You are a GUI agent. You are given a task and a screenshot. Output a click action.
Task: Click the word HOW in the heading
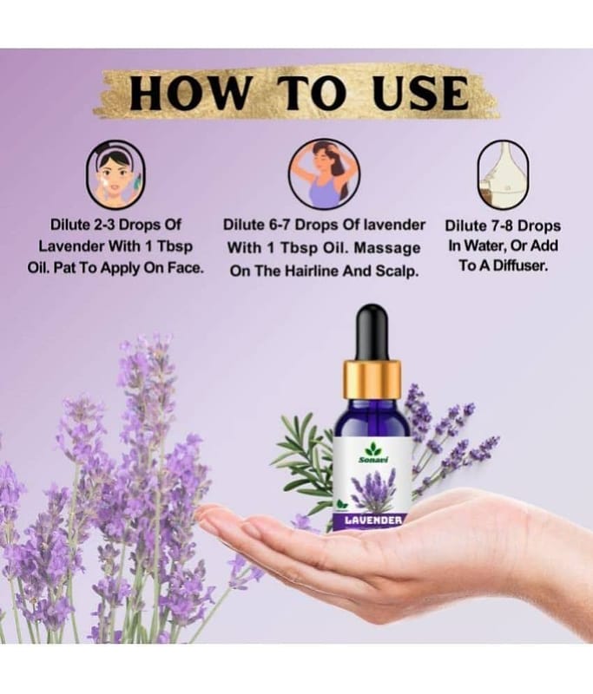click(x=188, y=94)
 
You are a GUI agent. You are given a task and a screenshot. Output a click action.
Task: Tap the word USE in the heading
click(x=420, y=94)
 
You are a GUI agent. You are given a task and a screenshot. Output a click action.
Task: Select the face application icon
click(x=115, y=175)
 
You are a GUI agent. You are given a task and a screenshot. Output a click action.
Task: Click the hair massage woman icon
click(x=324, y=173)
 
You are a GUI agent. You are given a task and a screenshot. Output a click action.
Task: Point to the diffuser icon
click(x=503, y=175)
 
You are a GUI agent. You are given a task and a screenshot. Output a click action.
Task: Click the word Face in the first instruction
click(x=185, y=268)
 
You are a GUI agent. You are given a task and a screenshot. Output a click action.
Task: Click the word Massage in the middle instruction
click(x=386, y=248)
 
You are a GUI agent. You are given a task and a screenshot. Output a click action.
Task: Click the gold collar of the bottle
click(x=372, y=380)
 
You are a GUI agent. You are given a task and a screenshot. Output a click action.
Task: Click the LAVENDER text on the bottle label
click(x=373, y=520)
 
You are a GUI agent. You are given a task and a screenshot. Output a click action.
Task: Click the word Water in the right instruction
click(x=487, y=246)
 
